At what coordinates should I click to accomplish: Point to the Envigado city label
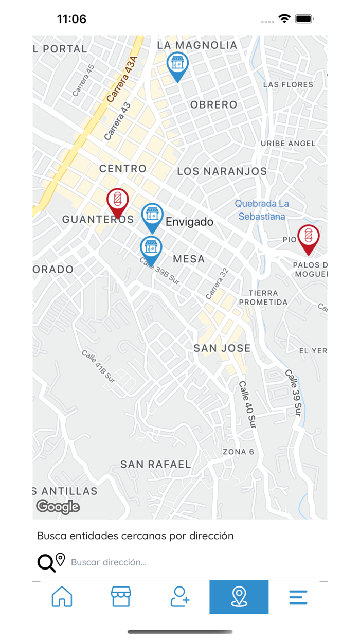coord(189,222)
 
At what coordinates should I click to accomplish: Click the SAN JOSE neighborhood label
coord(222,348)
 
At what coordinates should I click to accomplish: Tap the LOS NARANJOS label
coord(222,171)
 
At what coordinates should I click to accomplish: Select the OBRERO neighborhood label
coord(214,105)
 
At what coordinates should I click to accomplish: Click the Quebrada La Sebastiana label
coord(262,210)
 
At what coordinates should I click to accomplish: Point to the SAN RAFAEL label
coord(155,464)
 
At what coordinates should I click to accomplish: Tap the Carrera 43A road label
coord(123,80)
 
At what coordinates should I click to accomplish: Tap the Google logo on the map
coord(58,507)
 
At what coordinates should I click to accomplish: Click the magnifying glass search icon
coord(46,563)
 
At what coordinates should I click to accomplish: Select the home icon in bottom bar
coord(62,597)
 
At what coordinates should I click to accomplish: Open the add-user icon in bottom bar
coord(180,597)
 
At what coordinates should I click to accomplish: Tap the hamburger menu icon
coord(298,597)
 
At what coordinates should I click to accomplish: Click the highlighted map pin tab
coord(239,597)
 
